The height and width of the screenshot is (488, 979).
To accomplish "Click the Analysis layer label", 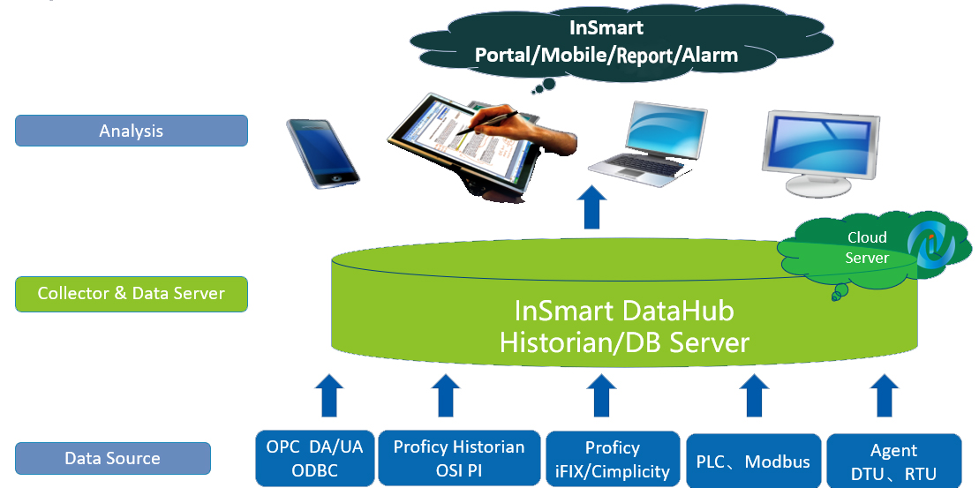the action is click(132, 131).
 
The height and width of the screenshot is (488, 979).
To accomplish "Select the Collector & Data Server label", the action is click(132, 294).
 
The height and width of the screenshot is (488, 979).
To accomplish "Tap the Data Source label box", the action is click(113, 459).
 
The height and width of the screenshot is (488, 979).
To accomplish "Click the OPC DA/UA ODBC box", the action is click(314, 458).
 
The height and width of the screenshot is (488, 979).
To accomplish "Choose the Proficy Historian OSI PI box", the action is click(459, 458).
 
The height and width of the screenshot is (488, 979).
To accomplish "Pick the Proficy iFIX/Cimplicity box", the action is click(613, 459).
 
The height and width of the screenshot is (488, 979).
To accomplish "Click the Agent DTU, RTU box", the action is click(893, 462).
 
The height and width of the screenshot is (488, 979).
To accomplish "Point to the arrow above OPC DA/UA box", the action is click(329, 395).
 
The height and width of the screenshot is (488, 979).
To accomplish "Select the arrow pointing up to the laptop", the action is click(591, 207).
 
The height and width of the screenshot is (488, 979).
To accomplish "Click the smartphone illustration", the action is click(323, 153).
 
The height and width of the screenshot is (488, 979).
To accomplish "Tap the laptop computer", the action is click(647, 144).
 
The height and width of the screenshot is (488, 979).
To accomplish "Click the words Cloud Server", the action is click(867, 247).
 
